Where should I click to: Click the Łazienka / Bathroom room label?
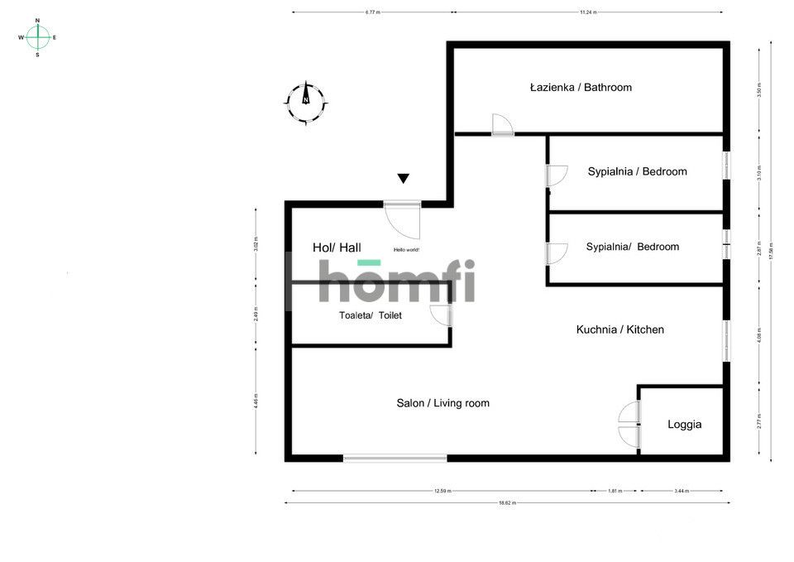pyautogui.click(x=581, y=87)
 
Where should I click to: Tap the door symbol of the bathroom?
pyautogui.click(x=501, y=125)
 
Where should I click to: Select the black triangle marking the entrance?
pyautogui.click(x=403, y=178)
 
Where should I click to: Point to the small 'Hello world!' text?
pyautogui.click(x=406, y=249)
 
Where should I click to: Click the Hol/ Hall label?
pyautogui.click(x=337, y=247)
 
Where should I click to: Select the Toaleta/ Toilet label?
pyautogui.click(x=370, y=315)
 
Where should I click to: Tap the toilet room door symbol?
pyautogui.click(x=441, y=315)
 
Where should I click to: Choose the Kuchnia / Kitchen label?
pyautogui.click(x=619, y=329)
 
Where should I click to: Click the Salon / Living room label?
pyautogui.click(x=442, y=403)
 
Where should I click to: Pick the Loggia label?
pyautogui.click(x=684, y=424)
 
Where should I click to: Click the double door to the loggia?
pyautogui.click(x=630, y=424)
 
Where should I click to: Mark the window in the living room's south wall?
pyautogui.click(x=395, y=458)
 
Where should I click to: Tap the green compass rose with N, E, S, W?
pyautogui.click(x=37, y=37)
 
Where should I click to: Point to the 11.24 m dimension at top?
pyautogui.click(x=588, y=12)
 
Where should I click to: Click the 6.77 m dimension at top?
pyautogui.click(x=372, y=12)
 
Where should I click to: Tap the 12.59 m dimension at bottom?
pyautogui.click(x=442, y=490)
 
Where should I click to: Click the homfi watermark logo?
pyautogui.click(x=397, y=281)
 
